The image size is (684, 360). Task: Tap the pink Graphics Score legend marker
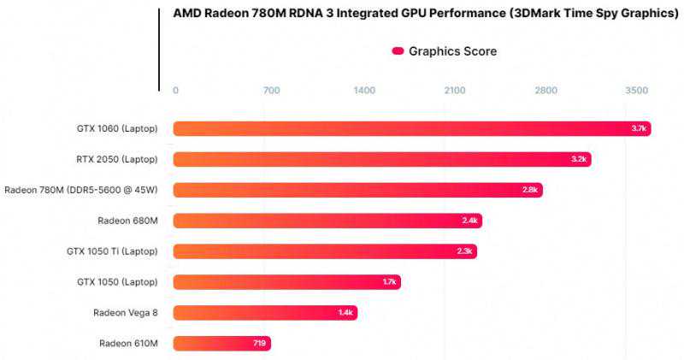(x=398, y=51)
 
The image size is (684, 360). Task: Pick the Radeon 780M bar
(x=357, y=190)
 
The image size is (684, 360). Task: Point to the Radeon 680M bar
(x=327, y=221)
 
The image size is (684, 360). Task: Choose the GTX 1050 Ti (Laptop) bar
(x=325, y=251)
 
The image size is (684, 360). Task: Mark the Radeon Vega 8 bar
(x=265, y=313)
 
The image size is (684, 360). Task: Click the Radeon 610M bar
(x=221, y=344)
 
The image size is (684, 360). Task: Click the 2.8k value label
(x=530, y=190)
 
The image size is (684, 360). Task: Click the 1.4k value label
(x=345, y=313)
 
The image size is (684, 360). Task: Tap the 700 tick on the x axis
(x=271, y=91)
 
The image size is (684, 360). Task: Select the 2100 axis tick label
(x=454, y=91)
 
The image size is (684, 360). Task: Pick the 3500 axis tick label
(x=637, y=91)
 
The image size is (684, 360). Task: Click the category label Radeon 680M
(x=128, y=221)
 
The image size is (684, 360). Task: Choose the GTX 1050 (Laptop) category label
(x=113, y=282)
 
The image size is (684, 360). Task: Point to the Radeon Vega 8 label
(x=126, y=313)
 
